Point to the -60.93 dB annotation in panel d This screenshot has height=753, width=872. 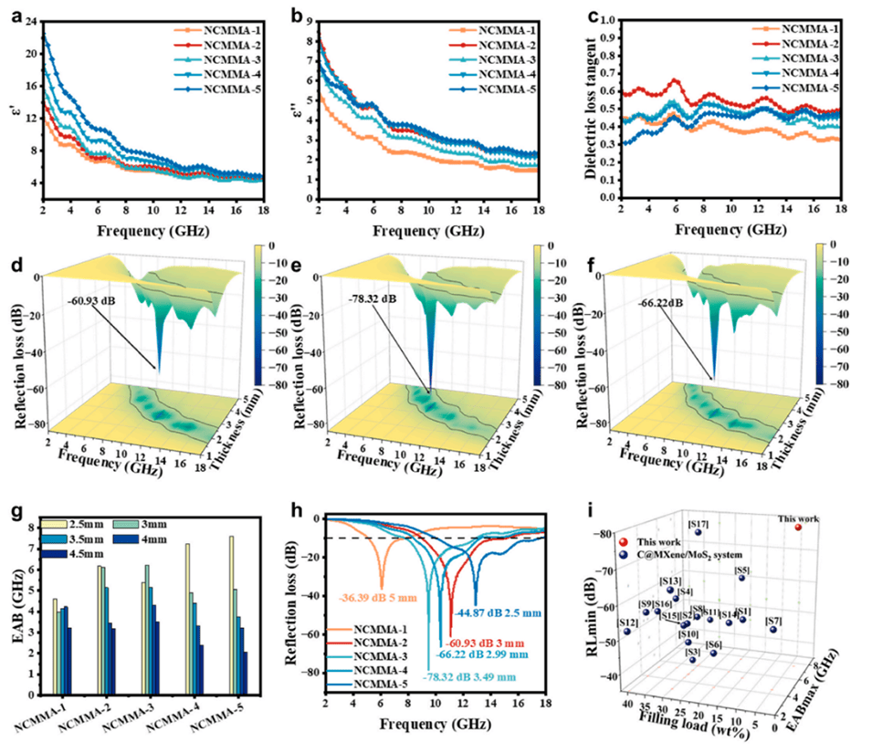point(92,298)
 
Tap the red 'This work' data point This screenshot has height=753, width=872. point(798,528)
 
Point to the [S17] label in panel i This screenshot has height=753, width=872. point(698,523)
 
